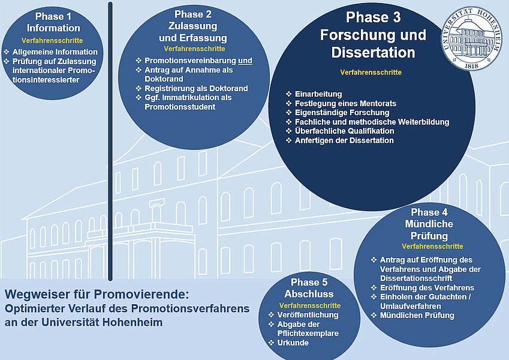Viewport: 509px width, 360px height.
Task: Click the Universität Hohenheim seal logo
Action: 471,38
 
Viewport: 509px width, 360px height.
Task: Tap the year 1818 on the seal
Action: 472,65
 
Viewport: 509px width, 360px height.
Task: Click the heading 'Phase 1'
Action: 53,16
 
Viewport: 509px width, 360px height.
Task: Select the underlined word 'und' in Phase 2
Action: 245,61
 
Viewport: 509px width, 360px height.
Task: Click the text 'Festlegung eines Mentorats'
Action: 345,103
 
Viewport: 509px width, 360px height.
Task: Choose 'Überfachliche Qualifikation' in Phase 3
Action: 344,131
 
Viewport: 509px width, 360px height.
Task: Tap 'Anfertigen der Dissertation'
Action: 344,140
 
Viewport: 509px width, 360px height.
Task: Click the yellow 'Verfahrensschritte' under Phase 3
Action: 371,72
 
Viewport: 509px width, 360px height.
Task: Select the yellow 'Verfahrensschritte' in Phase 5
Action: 310,305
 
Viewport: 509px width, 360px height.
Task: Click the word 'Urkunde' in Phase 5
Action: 293,343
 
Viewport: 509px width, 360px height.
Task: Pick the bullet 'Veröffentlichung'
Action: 308,315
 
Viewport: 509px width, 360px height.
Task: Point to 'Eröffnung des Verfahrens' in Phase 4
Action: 427,288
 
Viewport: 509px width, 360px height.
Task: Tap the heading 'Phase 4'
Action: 429,212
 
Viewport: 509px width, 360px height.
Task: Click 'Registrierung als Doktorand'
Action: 196,88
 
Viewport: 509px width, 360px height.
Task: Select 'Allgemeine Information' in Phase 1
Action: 55,52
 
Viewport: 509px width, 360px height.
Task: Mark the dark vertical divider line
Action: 110,142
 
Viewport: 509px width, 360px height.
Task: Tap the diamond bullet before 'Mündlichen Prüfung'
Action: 374,315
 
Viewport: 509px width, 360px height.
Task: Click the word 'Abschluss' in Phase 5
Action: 309,294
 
